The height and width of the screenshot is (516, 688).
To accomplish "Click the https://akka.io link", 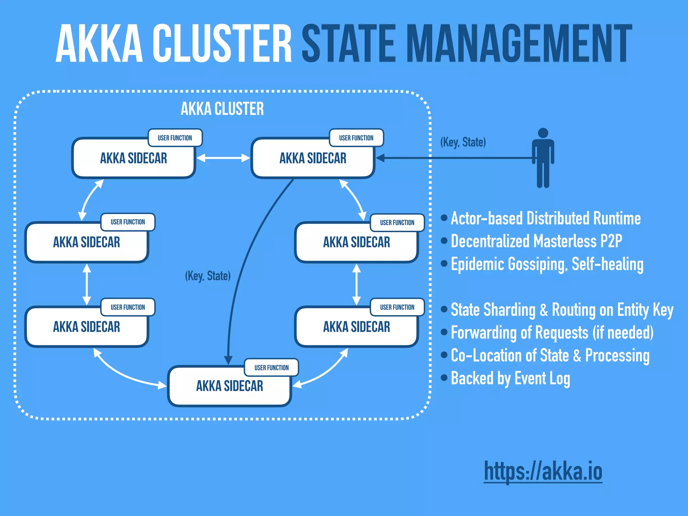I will pyautogui.click(x=543, y=471).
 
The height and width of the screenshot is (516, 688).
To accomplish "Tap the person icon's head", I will pyautogui.click(x=543, y=133).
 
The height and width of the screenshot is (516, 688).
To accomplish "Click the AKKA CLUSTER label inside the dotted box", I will pyautogui.click(x=222, y=109).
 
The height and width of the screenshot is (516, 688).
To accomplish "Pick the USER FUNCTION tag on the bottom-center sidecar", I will pyautogui.click(x=271, y=368).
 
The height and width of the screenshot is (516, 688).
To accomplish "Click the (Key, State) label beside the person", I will pyautogui.click(x=463, y=142).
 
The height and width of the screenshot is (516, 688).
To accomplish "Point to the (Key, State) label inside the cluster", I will pyautogui.click(x=208, y=276).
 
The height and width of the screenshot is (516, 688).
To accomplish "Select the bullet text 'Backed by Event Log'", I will pyautogui.click(x=510, y=378).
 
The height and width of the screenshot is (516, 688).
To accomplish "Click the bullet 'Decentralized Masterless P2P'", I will pyautogui.click(x=536, y=241).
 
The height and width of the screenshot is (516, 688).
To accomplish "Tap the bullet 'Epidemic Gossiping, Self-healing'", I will pyautogui.click(x=547, y=264).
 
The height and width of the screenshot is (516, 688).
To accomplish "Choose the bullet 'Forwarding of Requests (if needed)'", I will pyautogui.click(x=552, y=333).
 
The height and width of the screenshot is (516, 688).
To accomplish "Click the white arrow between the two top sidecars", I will pyautogui.click(x=223, y=158).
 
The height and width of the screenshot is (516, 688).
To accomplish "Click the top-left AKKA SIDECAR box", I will pyautogui.click(x=133, y=158).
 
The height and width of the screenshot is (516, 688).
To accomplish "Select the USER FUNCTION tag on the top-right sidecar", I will pyautogui.click(x=356, y=138).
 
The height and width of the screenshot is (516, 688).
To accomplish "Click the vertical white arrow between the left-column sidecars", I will pyautogui.click(x=87, y=284).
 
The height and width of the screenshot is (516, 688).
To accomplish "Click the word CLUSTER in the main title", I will pyautogui.click(x=222, y=44).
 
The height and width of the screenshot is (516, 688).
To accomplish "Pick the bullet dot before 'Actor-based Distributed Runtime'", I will pyautogui.click(x=444, y=218).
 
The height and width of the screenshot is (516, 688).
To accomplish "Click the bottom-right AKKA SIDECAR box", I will pyautogui.click(x=356, y=327).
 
